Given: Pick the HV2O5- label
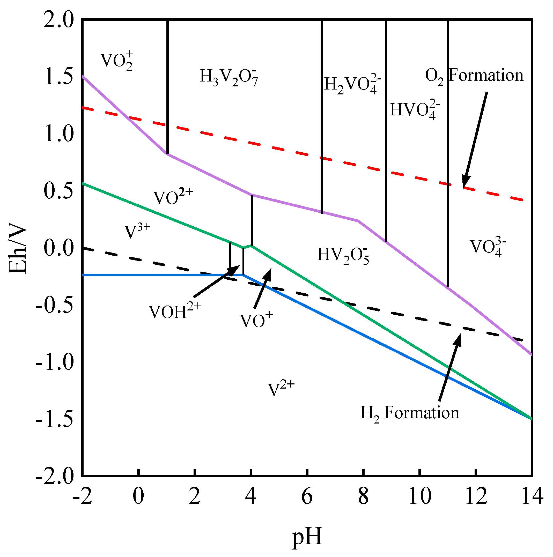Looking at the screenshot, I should click(343, 255).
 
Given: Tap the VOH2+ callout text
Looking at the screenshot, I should click(175, 311).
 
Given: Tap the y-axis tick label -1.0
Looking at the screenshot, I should click(55, 362).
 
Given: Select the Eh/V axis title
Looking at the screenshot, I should click(18, 248).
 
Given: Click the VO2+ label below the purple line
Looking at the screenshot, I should click(172, 197).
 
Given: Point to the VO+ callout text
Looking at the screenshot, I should click(256, 320).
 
